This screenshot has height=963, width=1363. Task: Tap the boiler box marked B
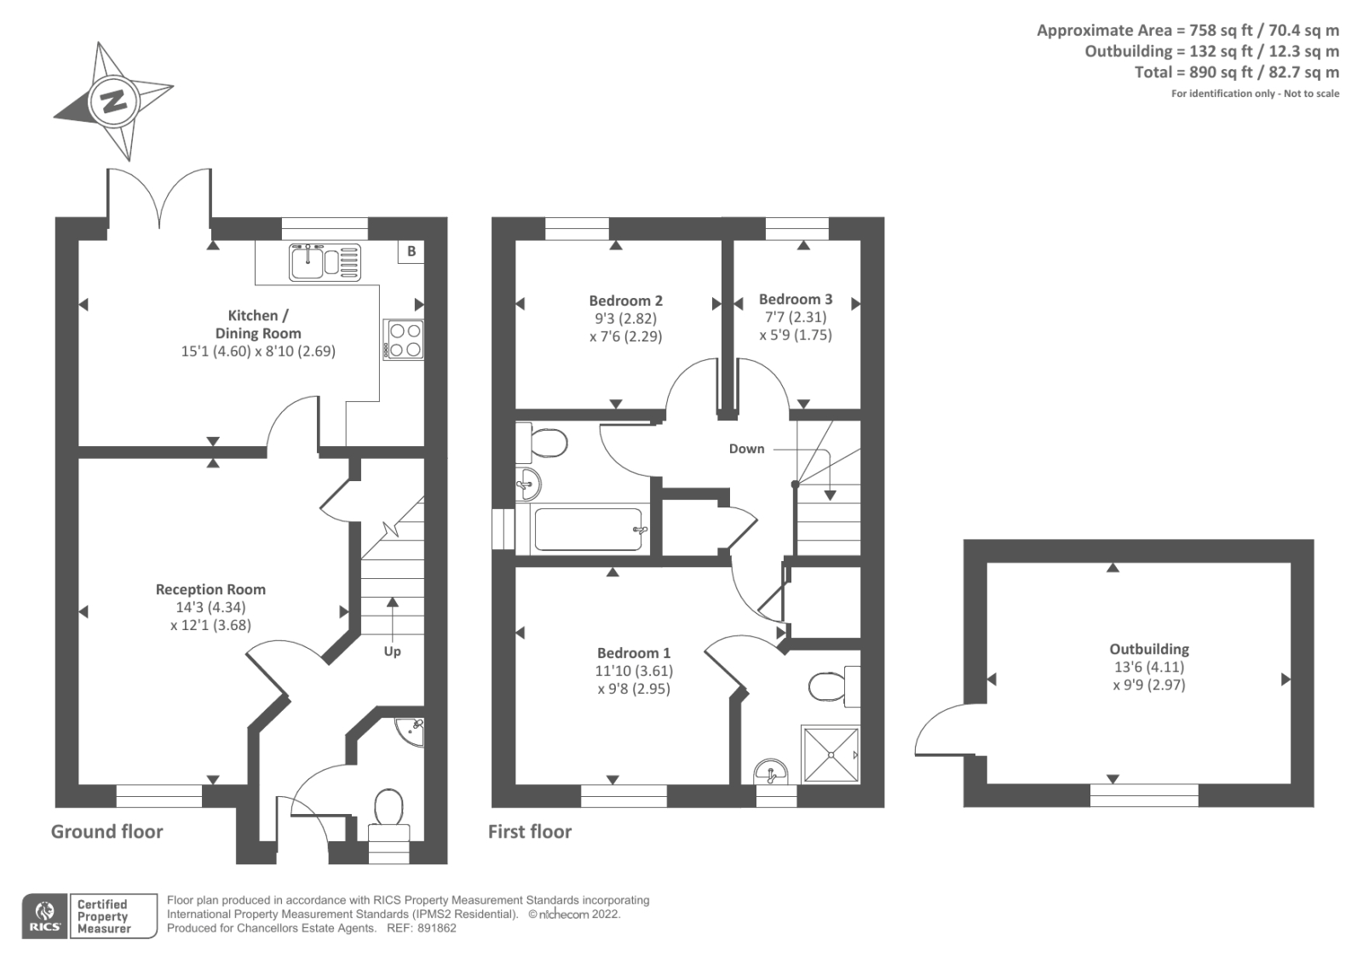point(411,251)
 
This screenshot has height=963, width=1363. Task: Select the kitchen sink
point(325,261)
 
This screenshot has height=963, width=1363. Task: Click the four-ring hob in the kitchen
point(404,339)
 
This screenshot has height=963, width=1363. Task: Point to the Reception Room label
point(210,589)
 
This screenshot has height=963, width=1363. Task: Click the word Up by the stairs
point(392,651)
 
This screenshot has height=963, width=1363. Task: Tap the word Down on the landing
point(746,449)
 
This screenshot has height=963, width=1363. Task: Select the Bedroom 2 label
point(625,301)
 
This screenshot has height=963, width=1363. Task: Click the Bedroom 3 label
point(796,299)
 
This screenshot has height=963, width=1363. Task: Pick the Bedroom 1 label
point(633,653)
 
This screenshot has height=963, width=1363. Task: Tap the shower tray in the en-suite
point(830,754)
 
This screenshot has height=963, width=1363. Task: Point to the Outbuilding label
point(1148,649)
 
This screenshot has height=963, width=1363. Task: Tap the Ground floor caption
point(106,832)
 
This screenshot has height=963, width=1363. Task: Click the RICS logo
point(44,916)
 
